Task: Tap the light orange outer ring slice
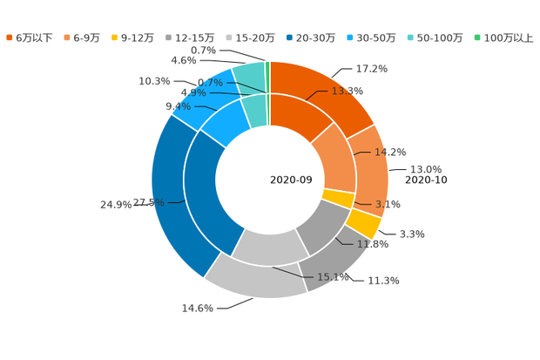tap(373, 170)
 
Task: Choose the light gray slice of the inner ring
tap(266, 248)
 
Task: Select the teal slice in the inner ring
tap(255, 111)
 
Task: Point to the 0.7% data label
tap(211, 83)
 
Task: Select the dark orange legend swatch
tap(10, 37)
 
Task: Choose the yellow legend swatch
tap(114, 37)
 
